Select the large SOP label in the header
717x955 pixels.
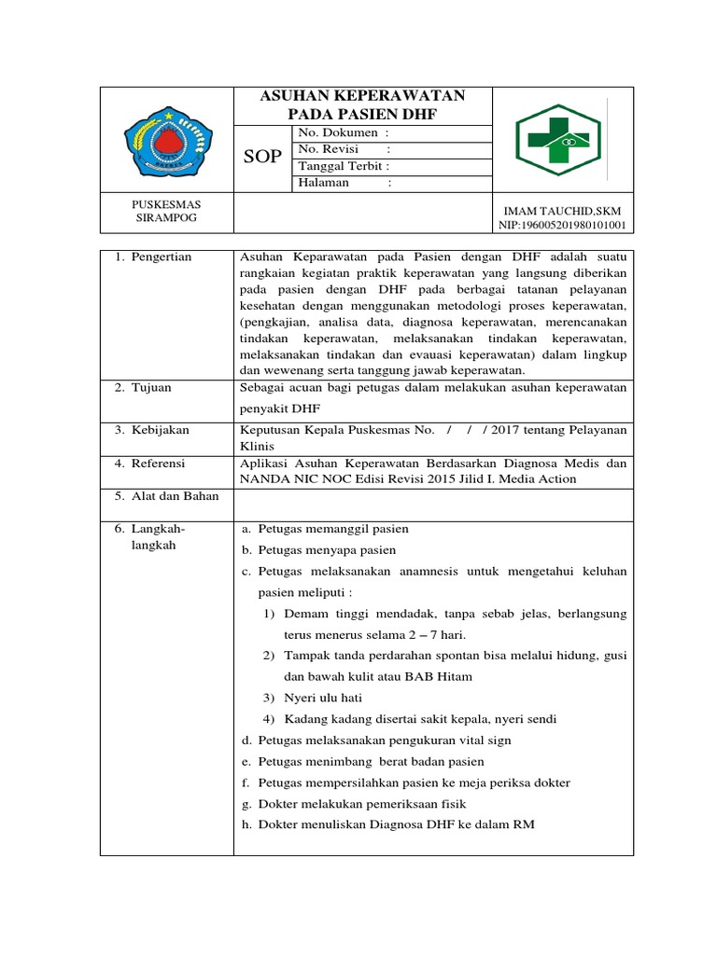(261, 157)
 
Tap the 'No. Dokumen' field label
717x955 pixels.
(336, 133)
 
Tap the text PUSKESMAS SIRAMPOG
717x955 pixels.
(166, 211)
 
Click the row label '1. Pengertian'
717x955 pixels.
(153, 257)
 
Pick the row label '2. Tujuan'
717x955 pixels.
(144, 387)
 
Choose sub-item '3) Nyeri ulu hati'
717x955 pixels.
(312, 698)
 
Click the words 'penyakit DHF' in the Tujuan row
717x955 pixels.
(277, 408)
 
